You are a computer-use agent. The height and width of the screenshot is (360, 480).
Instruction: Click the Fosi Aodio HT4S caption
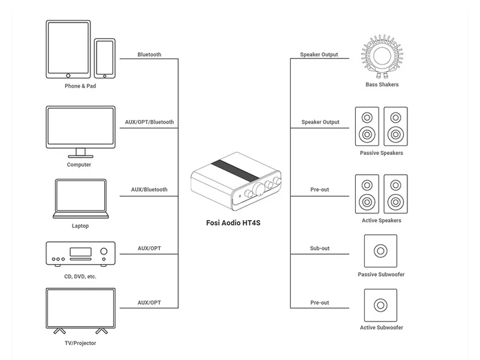click(233, 223)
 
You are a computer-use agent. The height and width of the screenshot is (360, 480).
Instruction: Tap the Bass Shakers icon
click(382, 57)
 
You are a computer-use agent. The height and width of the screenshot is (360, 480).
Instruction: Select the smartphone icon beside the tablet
click(105, 58)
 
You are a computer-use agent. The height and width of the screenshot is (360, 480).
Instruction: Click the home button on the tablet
click(69, 75)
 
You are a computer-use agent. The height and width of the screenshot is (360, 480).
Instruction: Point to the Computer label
click(79, 165)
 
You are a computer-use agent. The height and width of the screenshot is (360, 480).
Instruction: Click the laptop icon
click(81, 199)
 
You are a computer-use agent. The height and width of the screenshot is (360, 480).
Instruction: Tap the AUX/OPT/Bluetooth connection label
click(149, 122)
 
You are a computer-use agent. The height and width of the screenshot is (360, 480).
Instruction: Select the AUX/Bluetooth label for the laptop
click(149, 189)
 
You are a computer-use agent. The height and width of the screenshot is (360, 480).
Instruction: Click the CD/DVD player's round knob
click(104, 252)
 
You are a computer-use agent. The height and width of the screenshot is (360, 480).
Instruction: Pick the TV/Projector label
click(80, 343)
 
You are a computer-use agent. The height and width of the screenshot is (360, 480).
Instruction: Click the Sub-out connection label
click(320, 248)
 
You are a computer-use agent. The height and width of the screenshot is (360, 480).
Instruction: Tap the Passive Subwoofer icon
click(381, 251)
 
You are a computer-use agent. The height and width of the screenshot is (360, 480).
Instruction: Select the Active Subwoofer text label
click(381, 328)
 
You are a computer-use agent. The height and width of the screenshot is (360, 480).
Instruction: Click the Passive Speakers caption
click(381, 153)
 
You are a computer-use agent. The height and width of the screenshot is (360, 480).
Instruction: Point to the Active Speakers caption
click(381, 220)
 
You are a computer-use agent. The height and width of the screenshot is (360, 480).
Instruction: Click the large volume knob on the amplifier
click(259, 189)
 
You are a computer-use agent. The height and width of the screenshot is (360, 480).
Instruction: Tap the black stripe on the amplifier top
click(235, 170)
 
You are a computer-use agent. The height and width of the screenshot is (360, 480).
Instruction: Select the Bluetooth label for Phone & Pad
click(149, 54)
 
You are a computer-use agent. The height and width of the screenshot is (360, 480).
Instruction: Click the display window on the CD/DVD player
click(80, 252)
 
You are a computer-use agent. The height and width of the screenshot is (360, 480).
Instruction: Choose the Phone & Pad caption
click(80, 86)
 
